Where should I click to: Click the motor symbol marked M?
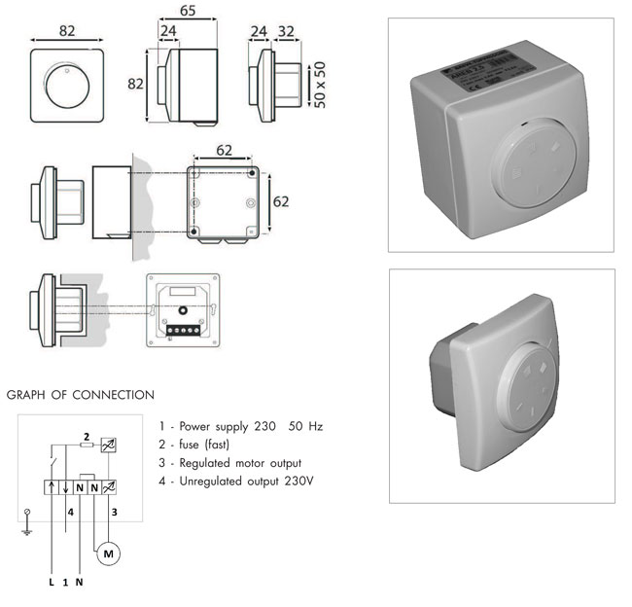pyautogui.click(x=108, y=553)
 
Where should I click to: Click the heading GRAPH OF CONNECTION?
pyautogui.click(x=80, y=395)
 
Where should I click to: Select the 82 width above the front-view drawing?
pyautogui.click(x=67, y=31)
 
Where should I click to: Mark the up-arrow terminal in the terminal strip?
pyautogui.click(x=65, y=483)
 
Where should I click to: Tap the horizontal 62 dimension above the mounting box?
pyautogui.click(x=224, y=150)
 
